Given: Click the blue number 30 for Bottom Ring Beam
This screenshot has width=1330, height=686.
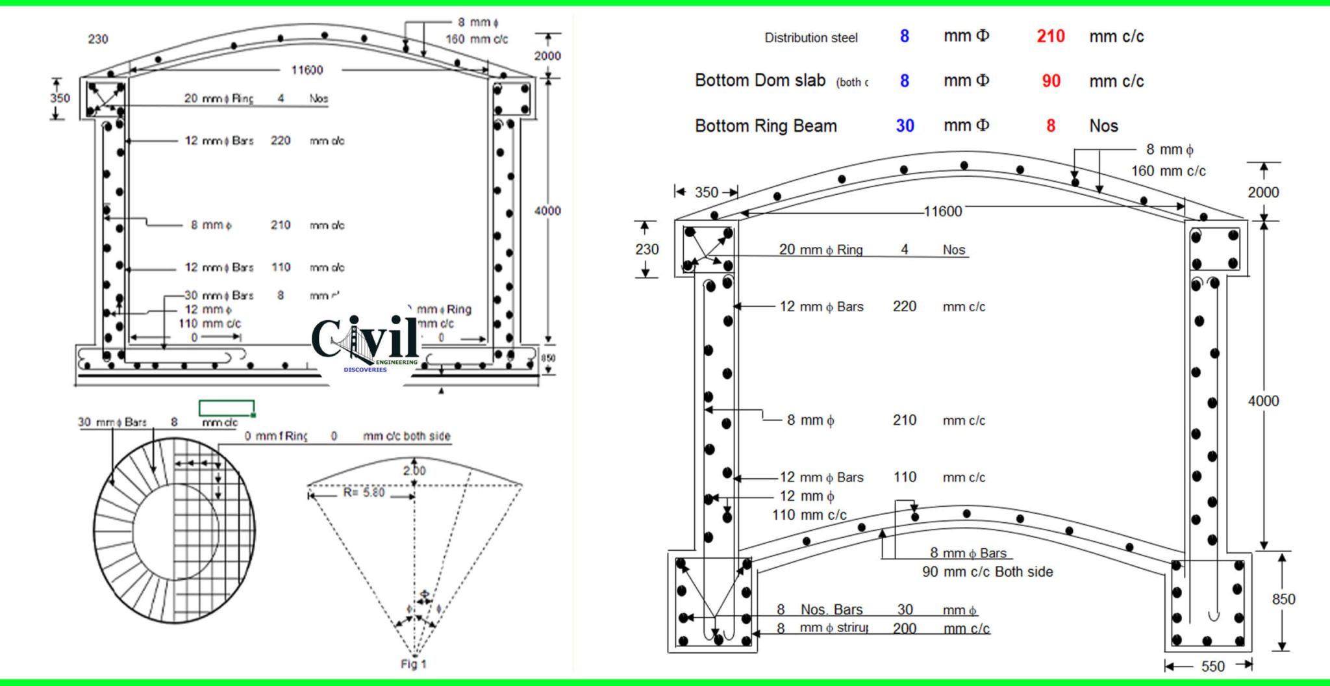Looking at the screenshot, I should coord(905,125).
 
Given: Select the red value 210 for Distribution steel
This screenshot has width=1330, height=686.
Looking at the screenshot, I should coord(1050,36).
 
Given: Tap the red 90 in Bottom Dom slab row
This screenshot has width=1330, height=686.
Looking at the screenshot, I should coord(1051,81).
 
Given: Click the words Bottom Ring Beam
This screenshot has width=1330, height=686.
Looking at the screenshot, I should coord(766,125).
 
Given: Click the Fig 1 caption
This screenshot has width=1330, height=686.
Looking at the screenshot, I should coord(413,664).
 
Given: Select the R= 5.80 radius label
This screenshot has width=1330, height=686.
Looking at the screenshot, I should coord(364,492).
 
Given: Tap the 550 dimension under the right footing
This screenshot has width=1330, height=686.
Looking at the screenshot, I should coord(1212,666).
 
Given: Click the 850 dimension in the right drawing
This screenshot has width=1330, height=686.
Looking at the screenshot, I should coord(1283,599).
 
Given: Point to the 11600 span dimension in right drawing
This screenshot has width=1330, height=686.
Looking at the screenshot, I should coord(942,211).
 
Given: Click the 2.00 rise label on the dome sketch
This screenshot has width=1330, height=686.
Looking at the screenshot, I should coord(414,470).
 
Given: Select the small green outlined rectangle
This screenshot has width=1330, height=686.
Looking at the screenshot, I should coord(227,408).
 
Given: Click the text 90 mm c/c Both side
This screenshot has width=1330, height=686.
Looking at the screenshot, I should coord(987,572).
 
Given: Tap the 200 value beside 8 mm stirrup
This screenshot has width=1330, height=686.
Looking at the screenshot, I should coord(904,628).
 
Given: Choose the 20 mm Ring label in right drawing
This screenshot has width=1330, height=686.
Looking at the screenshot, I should coord(821,249).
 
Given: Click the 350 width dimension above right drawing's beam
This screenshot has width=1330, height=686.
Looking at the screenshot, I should coord(706,192).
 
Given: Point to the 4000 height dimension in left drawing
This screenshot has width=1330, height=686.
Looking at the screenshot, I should coord(547,210).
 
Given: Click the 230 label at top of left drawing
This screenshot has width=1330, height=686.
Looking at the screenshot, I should coord(98,39).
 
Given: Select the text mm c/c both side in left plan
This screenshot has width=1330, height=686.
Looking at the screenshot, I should coord(407,436).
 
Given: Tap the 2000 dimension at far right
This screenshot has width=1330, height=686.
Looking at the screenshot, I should coord(1262,192).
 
